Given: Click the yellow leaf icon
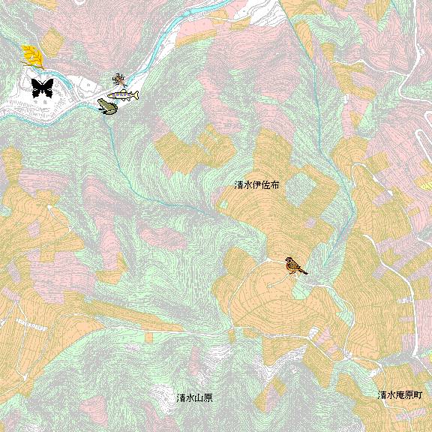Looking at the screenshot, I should click(x=31, y=55).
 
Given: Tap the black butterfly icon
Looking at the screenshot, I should click(x=42, y=88).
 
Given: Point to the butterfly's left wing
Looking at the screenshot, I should click(x=36, y=87).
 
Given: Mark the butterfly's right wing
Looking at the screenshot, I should click(x=48, y=87).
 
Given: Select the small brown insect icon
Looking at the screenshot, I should click(x=118, y=79).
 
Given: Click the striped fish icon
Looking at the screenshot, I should click(x=124, y=95).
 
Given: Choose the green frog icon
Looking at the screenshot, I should click(x=106, y=107).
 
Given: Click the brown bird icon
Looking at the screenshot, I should click(x=295, y=265).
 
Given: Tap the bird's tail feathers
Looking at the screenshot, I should click(x=304, y=271).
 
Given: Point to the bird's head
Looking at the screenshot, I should click(x=289, y=261).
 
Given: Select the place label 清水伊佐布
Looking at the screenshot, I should click(x=256, y=184).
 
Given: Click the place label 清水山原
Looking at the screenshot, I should click(x=194, y=397).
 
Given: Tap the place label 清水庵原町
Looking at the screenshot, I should click(x=400, y=395).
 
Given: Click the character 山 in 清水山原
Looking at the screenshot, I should click(x=199, y=397).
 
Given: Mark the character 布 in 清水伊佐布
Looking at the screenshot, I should click(x=274, y=184).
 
